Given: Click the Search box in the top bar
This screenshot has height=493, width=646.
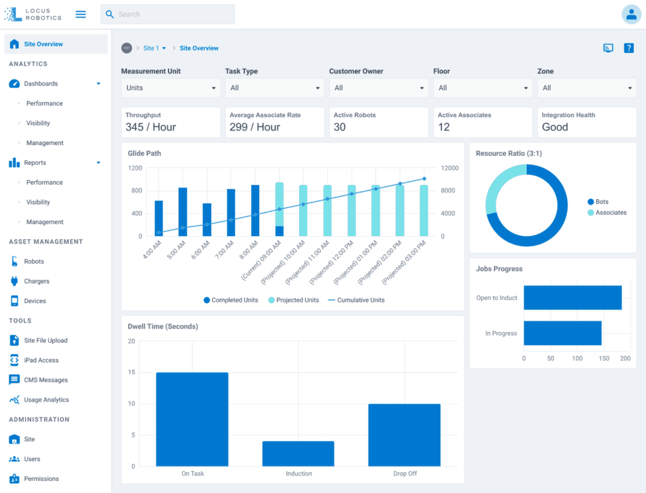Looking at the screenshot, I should pos(168,14).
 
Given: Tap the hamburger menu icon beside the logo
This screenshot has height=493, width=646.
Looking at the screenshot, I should pos(81,14).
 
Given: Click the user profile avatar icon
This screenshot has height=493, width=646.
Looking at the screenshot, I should pos(631,14).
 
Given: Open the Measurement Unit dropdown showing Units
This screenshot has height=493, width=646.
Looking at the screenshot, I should pos(170,88).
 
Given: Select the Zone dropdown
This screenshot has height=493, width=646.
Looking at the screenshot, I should pos(587,88).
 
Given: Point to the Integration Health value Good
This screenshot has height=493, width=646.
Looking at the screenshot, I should pos(555,127).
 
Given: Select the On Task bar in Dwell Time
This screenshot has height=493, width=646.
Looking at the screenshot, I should pos(192,419).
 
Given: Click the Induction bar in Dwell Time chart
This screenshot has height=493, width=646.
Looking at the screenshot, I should pos(298,454).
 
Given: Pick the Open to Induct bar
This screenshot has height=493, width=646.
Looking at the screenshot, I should pos(572,297).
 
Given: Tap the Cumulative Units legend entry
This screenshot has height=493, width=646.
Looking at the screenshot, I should pos(360,300).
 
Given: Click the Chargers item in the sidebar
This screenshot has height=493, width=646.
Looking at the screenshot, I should pos(37,281).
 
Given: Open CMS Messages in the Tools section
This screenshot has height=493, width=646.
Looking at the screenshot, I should pos(45,380).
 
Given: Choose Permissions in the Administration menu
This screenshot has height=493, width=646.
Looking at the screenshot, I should pos(42,478).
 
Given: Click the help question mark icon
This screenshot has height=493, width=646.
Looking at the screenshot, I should pos(628,48).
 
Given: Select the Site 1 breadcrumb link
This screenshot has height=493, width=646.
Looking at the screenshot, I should pos(151,48).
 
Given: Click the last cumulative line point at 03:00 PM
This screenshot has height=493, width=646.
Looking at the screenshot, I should pos(424,179).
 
